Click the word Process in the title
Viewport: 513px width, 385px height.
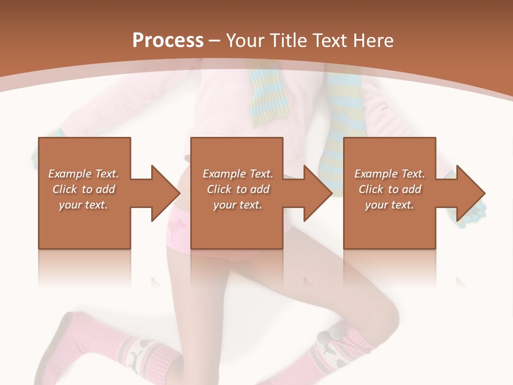(x=168, y=40)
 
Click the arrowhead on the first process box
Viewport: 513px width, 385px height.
(x=166, y=192)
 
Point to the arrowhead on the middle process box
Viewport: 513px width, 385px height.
(x=318, y=192)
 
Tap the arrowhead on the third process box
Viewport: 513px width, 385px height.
(x=471, y=192)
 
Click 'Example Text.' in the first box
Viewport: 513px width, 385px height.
(x=83, y=174)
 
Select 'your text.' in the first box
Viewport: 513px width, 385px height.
(x=83, y=205)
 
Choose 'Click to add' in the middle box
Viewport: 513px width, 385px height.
(x=238, y=189)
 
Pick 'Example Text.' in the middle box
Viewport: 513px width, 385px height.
(x=238, y=174)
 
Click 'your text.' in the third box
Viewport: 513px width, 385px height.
(x=390, y=205)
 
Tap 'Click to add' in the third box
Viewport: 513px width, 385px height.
(x=390, y=189)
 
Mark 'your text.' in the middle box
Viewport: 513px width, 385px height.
(x=238, y=205)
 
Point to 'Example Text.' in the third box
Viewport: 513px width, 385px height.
(x=390, y=174)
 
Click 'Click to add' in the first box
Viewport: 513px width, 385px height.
(x=83, y=189)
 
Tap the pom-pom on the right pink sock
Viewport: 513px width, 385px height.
(x=324, y=337)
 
